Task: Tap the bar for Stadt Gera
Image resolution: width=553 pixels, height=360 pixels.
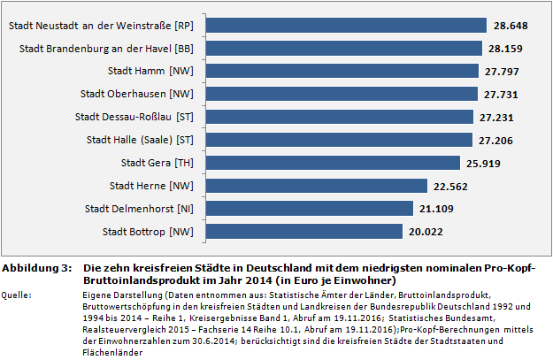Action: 333,163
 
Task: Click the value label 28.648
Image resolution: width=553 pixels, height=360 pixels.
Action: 511,26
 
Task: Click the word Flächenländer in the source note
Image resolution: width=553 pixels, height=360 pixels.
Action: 110,352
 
